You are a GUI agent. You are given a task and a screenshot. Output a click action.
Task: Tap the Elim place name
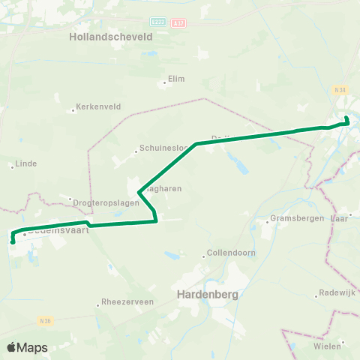(x=176, y=78)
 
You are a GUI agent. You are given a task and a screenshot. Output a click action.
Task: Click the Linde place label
(x=25, y=163)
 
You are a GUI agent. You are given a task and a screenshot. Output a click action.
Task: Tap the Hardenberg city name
(x=207, y=295)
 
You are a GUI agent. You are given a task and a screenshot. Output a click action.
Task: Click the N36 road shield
(x=46, y=319)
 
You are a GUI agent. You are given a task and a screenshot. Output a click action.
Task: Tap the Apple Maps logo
(x=27, y=347)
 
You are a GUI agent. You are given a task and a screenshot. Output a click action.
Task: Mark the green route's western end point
(x=13, y=241)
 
